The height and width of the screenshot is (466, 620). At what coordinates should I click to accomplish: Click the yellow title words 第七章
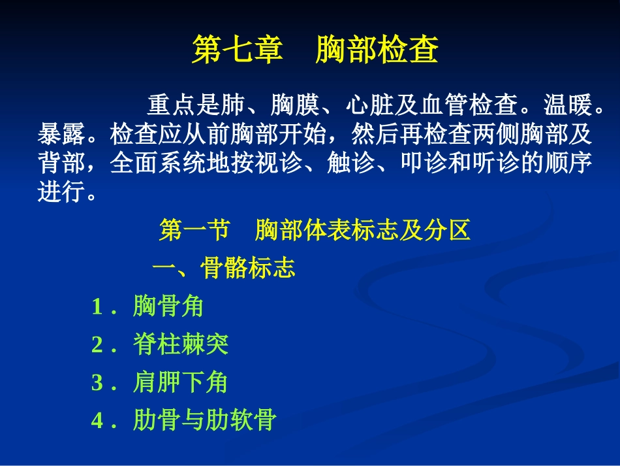click(x=237, y=50)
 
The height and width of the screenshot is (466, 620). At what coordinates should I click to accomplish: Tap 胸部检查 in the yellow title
click(x=377, y=50)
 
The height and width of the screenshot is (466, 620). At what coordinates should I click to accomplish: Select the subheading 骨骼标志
click(x=248, y=268)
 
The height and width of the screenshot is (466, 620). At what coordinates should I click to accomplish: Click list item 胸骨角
click(x=168, y=306)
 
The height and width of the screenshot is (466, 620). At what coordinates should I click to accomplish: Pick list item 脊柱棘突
click(x=180, y=344)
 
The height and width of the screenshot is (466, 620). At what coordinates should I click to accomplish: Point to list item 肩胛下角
click(x=180, y=382)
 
